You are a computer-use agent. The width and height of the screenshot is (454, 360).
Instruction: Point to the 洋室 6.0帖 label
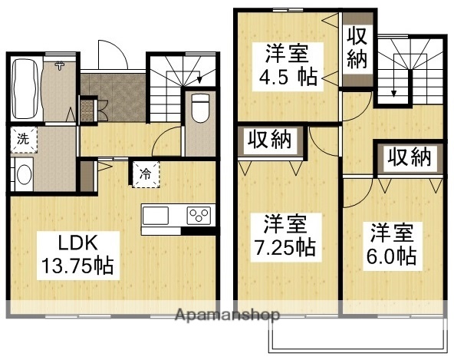[x=393, y=243]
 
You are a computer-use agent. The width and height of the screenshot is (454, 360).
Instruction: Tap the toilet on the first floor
[x=199, y=107]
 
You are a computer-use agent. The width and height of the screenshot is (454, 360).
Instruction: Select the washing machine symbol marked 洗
[x=23, y=140]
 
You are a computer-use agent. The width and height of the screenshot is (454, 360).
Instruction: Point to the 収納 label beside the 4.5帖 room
[x=357, y=48]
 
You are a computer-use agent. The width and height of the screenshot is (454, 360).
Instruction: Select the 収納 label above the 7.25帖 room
[x=269, y=141]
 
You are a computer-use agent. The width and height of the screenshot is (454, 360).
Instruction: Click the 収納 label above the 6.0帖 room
[x=407, y=158]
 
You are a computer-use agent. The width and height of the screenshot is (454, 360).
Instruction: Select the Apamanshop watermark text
[x=227, y=315]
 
